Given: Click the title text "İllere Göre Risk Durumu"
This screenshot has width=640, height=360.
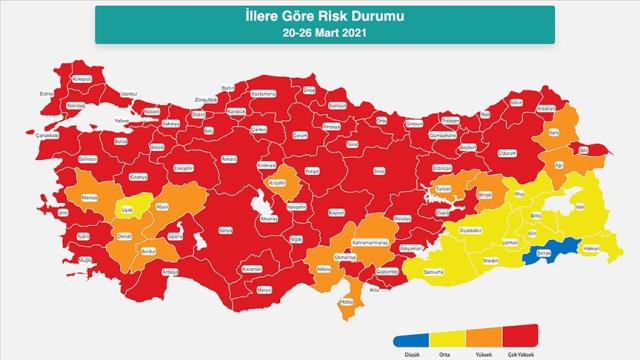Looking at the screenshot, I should click(x=320, y=16).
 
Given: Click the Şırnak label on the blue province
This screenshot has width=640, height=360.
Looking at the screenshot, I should click(x=545, y=253).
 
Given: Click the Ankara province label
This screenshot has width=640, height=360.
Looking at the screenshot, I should click(x=229, y=158).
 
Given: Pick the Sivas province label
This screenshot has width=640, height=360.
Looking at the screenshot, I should click(x=378, y=170).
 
